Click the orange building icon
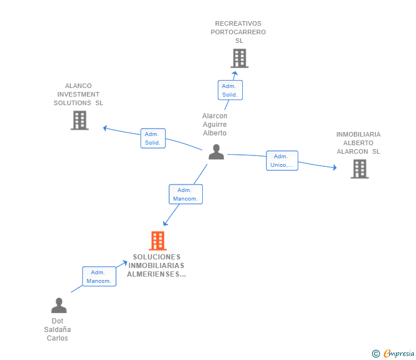(x=158, y=241)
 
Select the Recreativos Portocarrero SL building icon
(x=239, y=58)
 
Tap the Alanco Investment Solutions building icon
(x=79, y=121)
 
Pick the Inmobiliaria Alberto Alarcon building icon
(x=360, y=169)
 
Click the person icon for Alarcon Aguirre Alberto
(x=216, y=152)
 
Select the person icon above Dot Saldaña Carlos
(x=59, y=305)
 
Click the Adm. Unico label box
(x=282, y=161)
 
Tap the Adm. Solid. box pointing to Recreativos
(x=230, y=90)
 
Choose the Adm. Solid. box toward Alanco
(x=153, y=138)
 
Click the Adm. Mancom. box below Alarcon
(x=186, y=194)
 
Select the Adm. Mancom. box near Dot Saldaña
(x=99, y=277)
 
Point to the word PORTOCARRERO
(x=238, y=32)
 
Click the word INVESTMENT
(x=78, y=94)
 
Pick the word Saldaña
(x=57, y=330)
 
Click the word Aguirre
(x=215, y=125)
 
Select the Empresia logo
(x=393, y=353)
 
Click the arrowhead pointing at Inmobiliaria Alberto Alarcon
(x=335, y=167)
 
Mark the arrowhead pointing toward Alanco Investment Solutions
(x=105, y=128)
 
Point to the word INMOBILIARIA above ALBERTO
(x=358, y=134)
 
